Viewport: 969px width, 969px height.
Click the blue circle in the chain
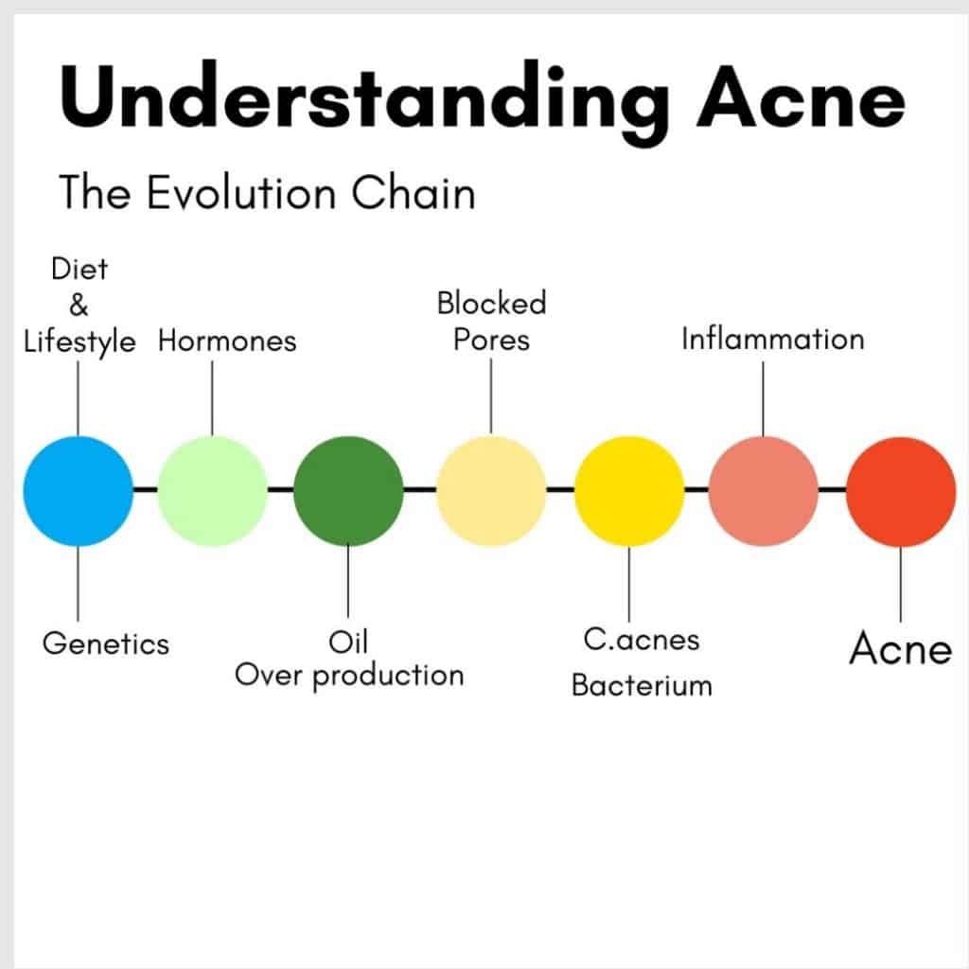pyautogui.click(x=78, y=490)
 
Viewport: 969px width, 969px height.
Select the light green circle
pyautogui.click(x=213, y=490)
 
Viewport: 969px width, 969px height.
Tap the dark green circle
pyautogui.click(x=348, y=490)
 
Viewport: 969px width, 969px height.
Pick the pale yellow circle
pyautogui.click(x=491, y=490)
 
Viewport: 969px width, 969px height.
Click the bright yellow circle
pyautogui.click(x=629, y=490)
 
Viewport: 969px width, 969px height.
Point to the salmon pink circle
pyautogui.click(x=764, y=490)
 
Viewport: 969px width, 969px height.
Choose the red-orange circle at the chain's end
pyautogui.click(x=900, y=490)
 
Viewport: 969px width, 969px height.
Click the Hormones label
pyautogui.click(x=227, y=340)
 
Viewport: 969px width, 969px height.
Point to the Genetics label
pyautogui.click(x=105, y=644)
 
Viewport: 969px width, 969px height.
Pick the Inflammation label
pyautogui.click(x=772, y=339)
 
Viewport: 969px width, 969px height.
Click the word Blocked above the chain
pyautogui.click(x=491, y=304)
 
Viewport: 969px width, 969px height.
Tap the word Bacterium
pyautogui.click(x=641, y=685)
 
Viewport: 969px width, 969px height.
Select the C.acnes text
pyautogui.click(x=641, y=640)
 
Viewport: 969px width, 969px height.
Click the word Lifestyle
pyautogui.click(x=79, y=341)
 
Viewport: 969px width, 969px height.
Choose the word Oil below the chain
pyautogui.click(x=347, y=643)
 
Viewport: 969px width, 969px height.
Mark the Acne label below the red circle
pyautogui.click(x=900, y=649)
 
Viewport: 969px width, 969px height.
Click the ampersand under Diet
pyautogui.click(x=79, y=305)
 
